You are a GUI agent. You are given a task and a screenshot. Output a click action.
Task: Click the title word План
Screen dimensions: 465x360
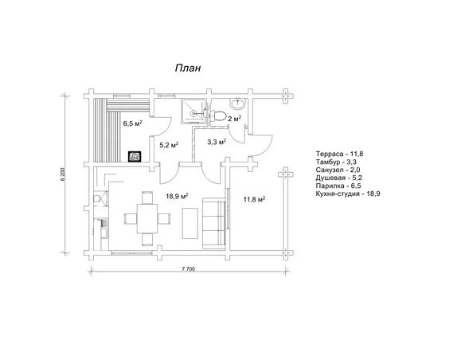(188, 68)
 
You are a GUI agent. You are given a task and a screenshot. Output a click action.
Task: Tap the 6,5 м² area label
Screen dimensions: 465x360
(132, 123)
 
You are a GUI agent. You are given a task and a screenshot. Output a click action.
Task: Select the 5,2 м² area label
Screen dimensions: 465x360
(169, 145)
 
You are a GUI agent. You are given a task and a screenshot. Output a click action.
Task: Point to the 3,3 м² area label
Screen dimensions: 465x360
(217, 142)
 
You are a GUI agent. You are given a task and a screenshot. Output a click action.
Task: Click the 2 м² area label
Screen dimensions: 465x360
(234, 119)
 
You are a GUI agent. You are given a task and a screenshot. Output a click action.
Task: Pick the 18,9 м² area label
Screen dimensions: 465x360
(177, 196)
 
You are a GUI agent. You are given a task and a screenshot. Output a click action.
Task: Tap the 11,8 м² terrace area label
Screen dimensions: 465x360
(254, 199)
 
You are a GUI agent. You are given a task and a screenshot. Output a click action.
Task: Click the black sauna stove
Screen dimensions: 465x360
(135, 156)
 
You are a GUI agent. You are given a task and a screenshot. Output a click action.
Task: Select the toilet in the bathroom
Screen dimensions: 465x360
(218, 115)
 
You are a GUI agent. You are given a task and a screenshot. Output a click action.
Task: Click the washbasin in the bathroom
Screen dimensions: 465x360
(238, 104)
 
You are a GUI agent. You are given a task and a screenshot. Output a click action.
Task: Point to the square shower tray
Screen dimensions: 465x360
(193, 112)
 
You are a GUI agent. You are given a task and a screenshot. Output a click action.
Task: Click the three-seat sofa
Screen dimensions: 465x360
(214, 223)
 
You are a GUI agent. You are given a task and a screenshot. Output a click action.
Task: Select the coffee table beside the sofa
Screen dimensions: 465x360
(190, 223)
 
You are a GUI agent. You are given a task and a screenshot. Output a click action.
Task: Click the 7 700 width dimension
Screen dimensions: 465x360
(189, 269)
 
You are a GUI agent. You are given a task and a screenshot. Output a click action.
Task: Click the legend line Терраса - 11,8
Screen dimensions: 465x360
(339, 154)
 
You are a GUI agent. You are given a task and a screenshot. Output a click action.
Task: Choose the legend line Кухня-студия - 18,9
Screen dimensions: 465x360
(348, 194)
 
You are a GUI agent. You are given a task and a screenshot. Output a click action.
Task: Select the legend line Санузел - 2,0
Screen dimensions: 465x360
(338, 170)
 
